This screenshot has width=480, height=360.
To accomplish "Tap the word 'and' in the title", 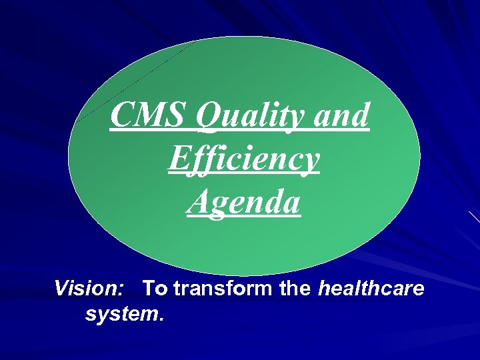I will point(341,115).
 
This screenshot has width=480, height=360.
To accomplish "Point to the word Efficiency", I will point(244,160).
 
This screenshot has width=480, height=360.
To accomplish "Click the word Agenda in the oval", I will point(244,203).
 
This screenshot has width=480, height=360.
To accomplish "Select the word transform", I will point(218,289).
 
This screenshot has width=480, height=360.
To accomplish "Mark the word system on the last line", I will point(121,313).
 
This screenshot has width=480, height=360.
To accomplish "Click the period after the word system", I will point(161,318).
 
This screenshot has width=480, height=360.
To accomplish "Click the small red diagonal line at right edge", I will point(474,217).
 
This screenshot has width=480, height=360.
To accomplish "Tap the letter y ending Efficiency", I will point(311,163).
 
